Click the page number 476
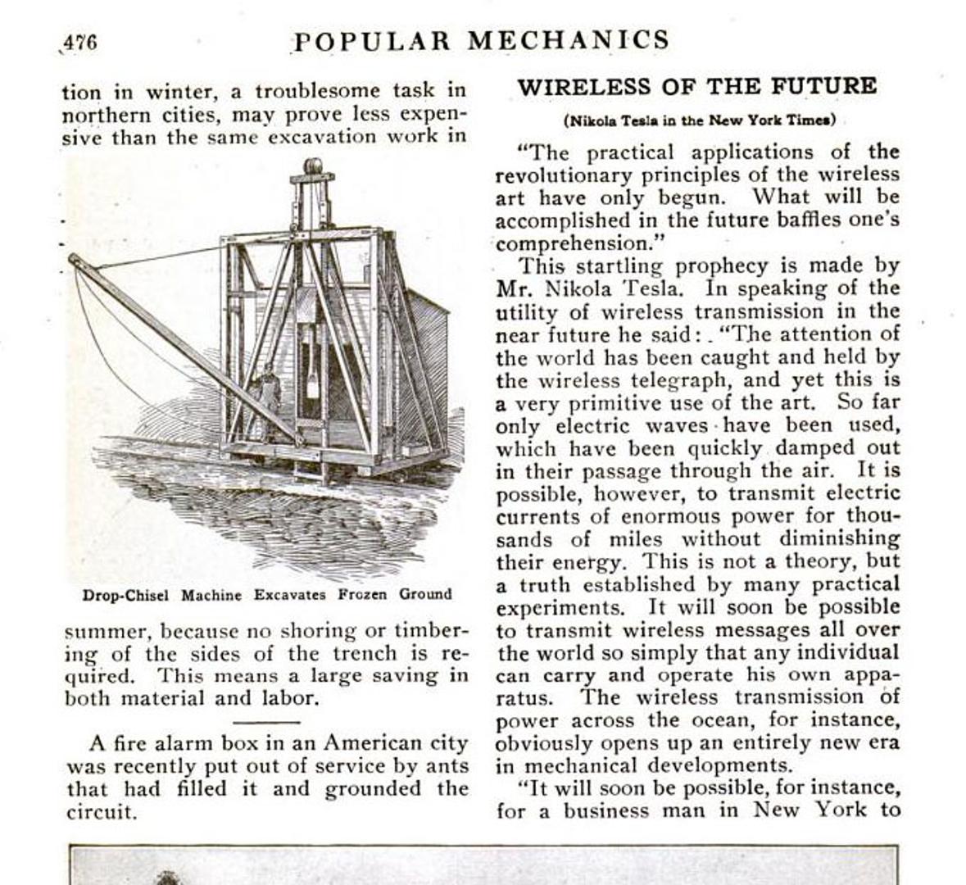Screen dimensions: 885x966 pyautogui.click(x=80, y=42)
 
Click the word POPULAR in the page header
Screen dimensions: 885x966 pyautogui.click(x=373, y=40)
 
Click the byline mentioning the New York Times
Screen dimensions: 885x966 pyautogui.click(x=699, y=120)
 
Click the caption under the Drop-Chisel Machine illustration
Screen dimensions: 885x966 pyautogui.click(x=266, y=595)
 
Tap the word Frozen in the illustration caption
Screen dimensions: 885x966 pyautogui.click(x=365, y=594)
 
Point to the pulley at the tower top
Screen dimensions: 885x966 pyautogui.click(x=312, y=167)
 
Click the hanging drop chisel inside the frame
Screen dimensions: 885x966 pyautogui.click(x=312, y=361)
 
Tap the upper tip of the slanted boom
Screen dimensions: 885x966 pyautogui.click(x=74, y=261)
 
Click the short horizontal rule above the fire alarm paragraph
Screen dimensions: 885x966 pyautogui.click(x=266, y=722)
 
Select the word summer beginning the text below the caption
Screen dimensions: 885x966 pyautogui.click(x=108, y=632)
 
